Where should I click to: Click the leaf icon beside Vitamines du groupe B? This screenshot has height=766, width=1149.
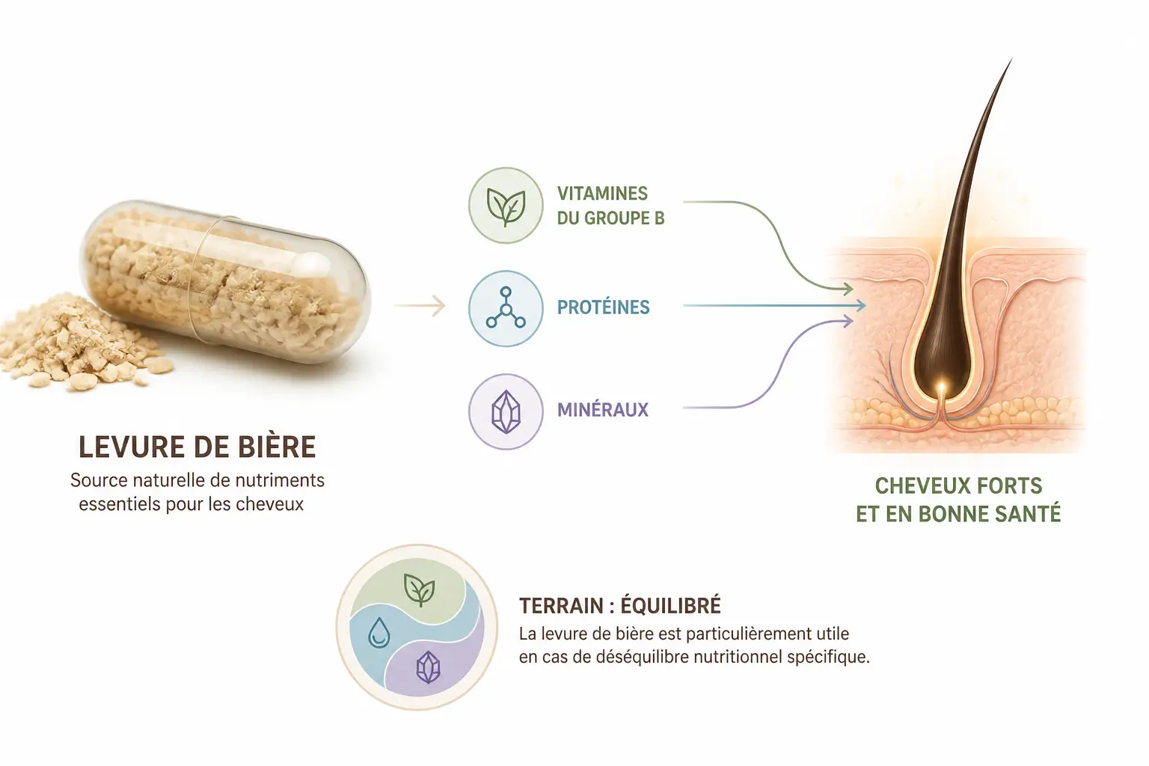click(x=506, y=206)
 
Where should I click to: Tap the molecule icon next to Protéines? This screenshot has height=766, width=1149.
click(x=506, y=307)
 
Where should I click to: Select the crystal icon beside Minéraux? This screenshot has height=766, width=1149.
click(x=506, y=412)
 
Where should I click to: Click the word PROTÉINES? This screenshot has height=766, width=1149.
click(x=603, y=307)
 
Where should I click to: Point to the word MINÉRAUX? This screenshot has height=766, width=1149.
click(x=603, y=409)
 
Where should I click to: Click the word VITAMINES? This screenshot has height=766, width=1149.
click(x=602, y=194)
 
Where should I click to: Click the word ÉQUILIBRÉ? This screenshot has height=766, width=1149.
click(x=671, y=605)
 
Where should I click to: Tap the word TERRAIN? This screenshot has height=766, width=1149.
click(x=561, y=606)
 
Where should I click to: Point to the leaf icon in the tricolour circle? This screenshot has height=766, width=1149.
click(x=420, y=590)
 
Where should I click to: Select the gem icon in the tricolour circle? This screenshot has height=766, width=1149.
click(x=429, y=667)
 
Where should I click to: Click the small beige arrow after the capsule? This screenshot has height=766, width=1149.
click(x=419, y=306)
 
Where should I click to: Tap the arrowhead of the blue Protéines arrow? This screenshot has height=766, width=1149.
click(x=860, y=306)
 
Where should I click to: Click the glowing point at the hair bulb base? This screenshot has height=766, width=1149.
click(x=941, y=385)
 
